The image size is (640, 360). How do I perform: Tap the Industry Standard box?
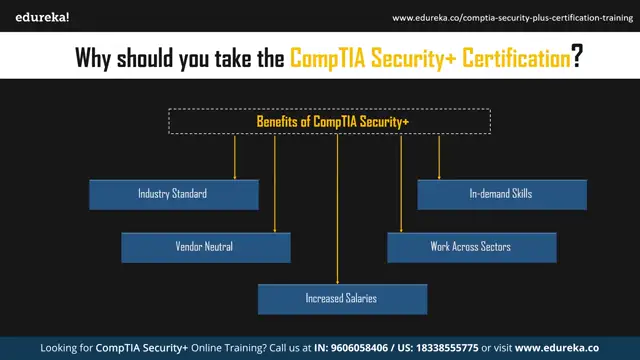[173, 194]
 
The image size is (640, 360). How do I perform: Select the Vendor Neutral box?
[206, 247]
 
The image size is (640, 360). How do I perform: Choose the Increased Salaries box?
[342, 299]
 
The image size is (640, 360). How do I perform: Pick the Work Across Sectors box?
[471, 247]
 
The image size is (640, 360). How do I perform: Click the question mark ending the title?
[578, 58]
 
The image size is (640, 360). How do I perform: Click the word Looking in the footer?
[65, 348]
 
